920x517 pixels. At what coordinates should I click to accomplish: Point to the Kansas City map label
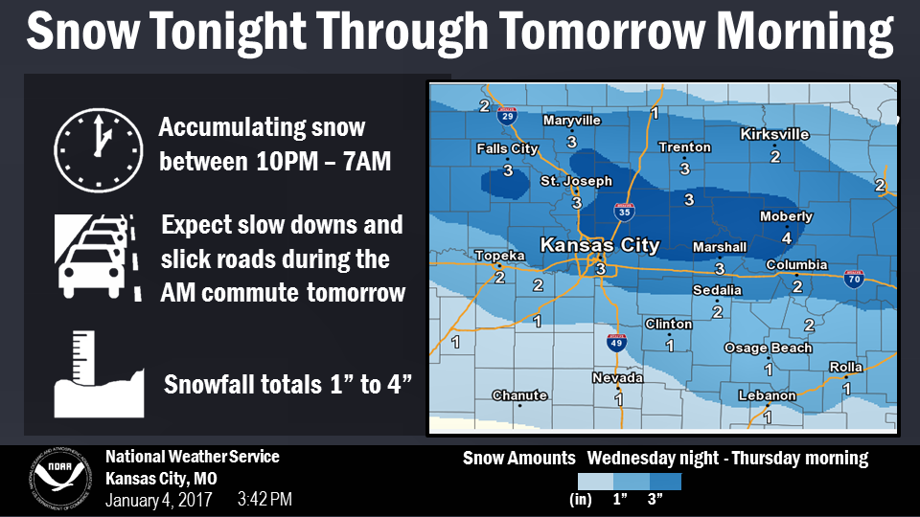[600, 245]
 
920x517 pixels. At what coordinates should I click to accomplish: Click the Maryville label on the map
[572, 121]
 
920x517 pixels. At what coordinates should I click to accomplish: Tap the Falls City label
[507, 149]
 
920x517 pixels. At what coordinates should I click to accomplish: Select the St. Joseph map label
[575, 181]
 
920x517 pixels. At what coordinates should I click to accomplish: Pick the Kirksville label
[775, 135]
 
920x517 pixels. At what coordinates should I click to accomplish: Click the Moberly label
[786, 216]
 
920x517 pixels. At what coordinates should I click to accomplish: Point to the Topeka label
[500, 256]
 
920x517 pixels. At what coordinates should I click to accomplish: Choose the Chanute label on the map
[519, 395]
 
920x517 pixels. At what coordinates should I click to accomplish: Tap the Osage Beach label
[768, 348]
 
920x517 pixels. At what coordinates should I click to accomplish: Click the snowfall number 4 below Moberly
[786, 236]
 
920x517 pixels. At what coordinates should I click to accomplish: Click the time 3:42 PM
[264, 499]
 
